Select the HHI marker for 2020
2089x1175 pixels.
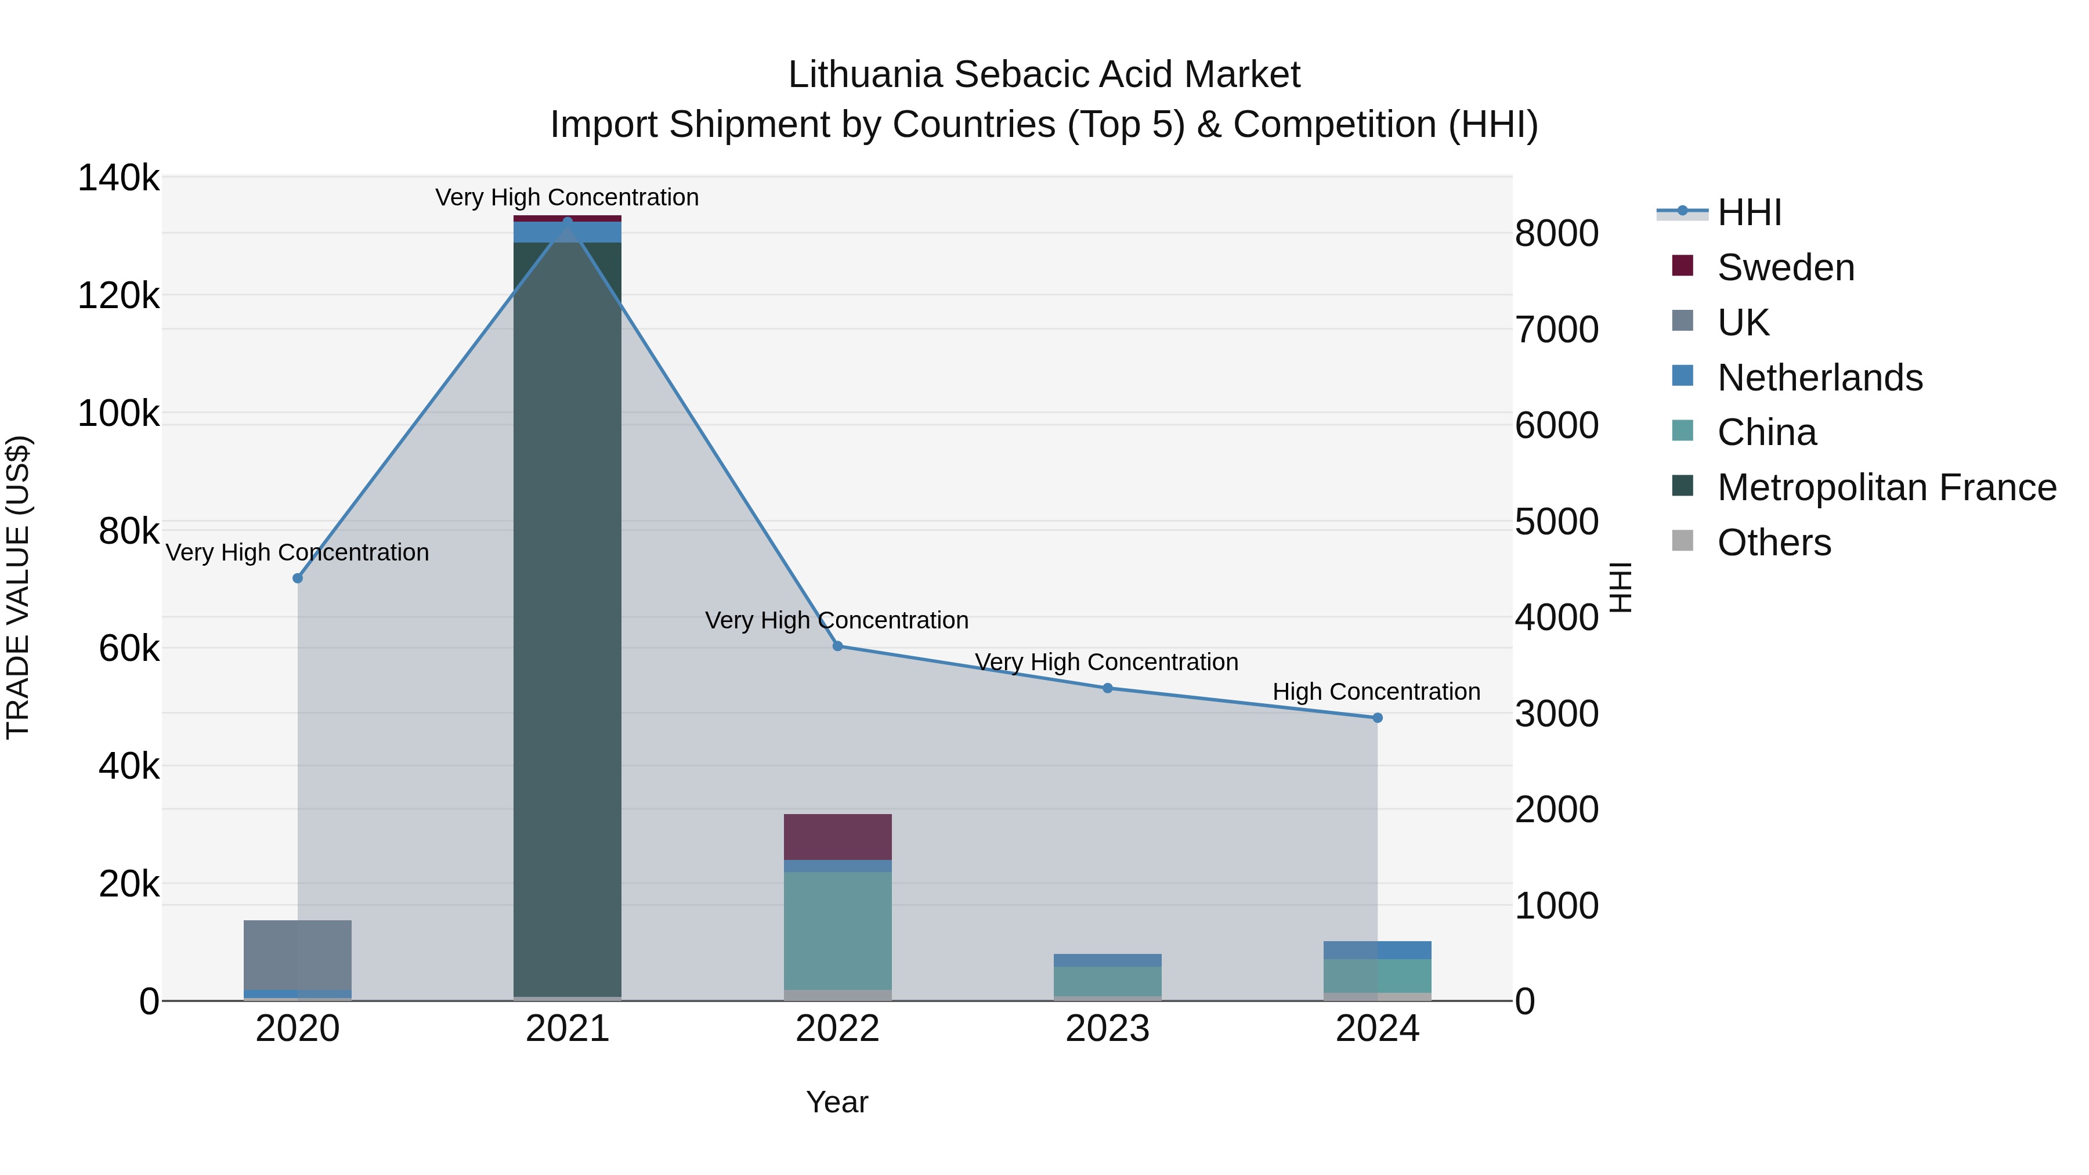(298, 578)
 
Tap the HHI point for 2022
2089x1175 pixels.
(838, 646)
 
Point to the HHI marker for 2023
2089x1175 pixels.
(1108, 688)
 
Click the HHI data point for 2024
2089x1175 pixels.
(1377, 718)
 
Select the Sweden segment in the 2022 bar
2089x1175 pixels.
(838, 837)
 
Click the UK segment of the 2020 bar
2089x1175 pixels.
(298, 955)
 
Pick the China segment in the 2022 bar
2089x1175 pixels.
(838, 931)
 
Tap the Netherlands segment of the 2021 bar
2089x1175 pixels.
(568, 232)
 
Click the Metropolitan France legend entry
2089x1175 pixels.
(1886, 487)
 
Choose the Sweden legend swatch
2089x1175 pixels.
(1683, 266)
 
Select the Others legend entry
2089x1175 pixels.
(1773, 543)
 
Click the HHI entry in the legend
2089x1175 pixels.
(1748, 212)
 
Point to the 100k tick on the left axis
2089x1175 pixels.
(118, 414)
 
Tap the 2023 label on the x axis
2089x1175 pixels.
(1108, 1029)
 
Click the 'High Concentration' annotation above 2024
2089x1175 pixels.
(1376, 692)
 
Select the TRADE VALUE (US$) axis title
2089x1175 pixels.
(18, 587)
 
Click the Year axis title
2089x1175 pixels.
(837, 1102)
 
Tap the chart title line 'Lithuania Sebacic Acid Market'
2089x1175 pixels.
(1044, 75)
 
